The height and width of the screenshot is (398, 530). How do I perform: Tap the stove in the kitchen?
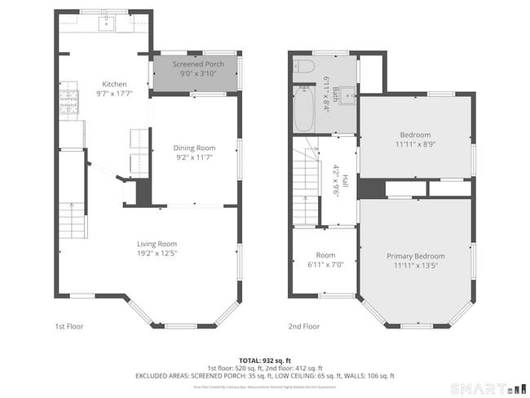point(68,100)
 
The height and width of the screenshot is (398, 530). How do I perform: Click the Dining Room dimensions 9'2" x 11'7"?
point(194,158)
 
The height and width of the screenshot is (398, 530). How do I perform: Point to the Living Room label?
point(156,243)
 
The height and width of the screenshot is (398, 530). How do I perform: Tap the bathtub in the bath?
point(303,108)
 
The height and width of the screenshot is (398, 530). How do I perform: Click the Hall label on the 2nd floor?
point(345,181)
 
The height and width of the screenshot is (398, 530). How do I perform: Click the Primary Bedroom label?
point(415,256)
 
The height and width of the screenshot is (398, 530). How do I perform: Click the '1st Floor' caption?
point(68,326)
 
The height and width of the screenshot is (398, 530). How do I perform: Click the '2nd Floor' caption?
point(303,326)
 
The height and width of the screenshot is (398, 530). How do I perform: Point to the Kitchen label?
point(113,84)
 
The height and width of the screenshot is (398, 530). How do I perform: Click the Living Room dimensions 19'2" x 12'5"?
point(156,254)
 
